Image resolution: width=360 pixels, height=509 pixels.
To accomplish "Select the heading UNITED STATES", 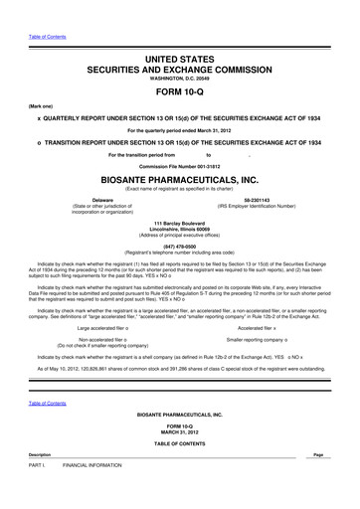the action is pos(180,62).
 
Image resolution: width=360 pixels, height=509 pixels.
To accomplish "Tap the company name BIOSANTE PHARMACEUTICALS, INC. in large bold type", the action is pos(180,179).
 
